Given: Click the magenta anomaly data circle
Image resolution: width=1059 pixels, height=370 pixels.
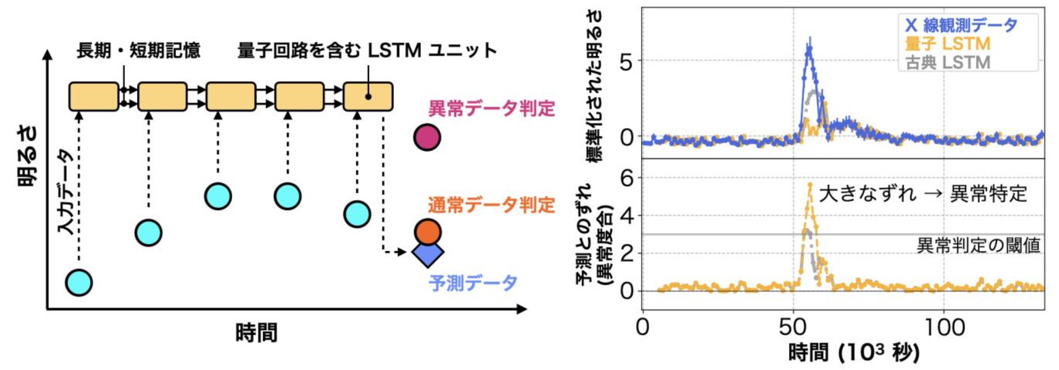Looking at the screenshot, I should coord(427,137).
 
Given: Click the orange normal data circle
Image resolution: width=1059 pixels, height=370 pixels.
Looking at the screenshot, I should coord(427,231).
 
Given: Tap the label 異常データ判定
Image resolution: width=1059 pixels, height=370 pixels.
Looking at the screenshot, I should coord(491,108).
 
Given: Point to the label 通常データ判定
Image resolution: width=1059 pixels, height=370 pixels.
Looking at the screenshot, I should coord(491,204).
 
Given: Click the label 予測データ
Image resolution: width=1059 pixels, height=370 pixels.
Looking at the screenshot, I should coord(473,283).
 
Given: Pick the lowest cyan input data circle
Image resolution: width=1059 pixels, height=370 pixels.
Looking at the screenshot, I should coord(79,282).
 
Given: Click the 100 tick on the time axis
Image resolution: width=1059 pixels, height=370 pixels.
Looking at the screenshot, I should coord(944,328).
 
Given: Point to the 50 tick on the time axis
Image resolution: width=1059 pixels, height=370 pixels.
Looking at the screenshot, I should coord(793,328).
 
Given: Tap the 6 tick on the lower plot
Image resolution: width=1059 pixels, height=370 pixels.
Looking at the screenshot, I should coord(626,178).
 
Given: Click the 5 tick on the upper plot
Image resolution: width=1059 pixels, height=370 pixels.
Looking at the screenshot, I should coord(626,62).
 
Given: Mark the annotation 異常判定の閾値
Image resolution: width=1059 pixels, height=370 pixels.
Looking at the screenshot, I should coord(978,245).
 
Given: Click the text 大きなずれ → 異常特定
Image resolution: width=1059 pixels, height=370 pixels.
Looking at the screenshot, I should coord(923,193).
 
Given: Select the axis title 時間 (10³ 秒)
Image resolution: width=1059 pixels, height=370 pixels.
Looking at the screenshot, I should coord(853,353).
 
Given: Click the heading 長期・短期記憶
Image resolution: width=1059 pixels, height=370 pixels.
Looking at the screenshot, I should coord(138,50).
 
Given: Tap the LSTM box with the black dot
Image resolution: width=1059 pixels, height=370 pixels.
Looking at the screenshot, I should coord(368,97).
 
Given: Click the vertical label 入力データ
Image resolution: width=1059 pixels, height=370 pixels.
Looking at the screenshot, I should coord(66,191).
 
